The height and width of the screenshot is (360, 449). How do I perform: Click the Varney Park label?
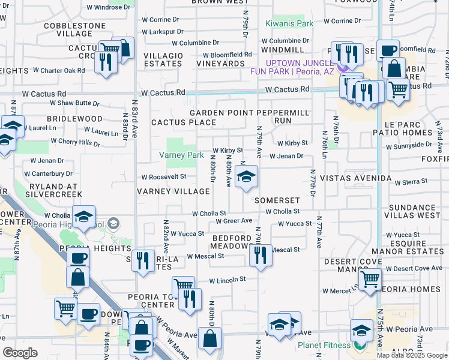pyautogui.click(x=181, y=155)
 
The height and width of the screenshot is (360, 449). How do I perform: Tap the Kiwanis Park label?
pyautogui.click(x=289, y=24)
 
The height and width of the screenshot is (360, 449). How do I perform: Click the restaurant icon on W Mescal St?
pyautogui.click(x=261, y=256)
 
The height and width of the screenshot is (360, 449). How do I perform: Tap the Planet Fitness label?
pyautogui.click(x=324, y=345)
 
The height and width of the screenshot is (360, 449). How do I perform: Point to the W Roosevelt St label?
pyautogui.click(x=163, y=176)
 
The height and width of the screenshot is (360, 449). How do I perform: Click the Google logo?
pyautogui.click(x=20, y=353)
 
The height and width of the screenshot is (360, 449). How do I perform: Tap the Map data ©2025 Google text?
pyautogui.click(x=412, y=355)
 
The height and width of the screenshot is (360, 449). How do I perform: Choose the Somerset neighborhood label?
pyautogui.click(x=276, y=200)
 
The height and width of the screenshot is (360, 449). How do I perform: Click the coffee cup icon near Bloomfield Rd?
pyautogui.click(x=388, y=50)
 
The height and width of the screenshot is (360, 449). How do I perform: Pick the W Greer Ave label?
pyautogui.click(x=234, y=221)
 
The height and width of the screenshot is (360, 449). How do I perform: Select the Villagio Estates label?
pyautogui.click(x=163, y=59)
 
